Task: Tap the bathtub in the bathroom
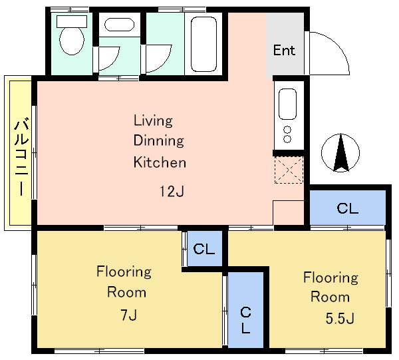click(x=203, y=44)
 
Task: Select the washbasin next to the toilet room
click(x=119, y=25)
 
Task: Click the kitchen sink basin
click(x=287, y=104)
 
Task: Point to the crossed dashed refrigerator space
click(x=289, y=170)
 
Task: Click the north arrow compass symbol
click(x=340, y=152)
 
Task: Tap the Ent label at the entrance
click(x=284, y=50)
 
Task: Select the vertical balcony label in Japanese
click(x=21, y=156)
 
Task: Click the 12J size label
click(x=172, y=191)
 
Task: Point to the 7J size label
click(x=129, y=315)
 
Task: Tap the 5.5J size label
click(x=340, y=318)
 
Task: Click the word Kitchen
click(x=160, y=162)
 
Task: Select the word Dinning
click(x=158, y=141)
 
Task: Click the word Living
click(x=153, y=120)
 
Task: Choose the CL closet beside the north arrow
click(x=347, y=208)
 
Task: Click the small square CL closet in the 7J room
click(x=204, y=248)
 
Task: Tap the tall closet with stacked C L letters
click(x=245, y=309)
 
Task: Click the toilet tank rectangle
click(x=72, y=21)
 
